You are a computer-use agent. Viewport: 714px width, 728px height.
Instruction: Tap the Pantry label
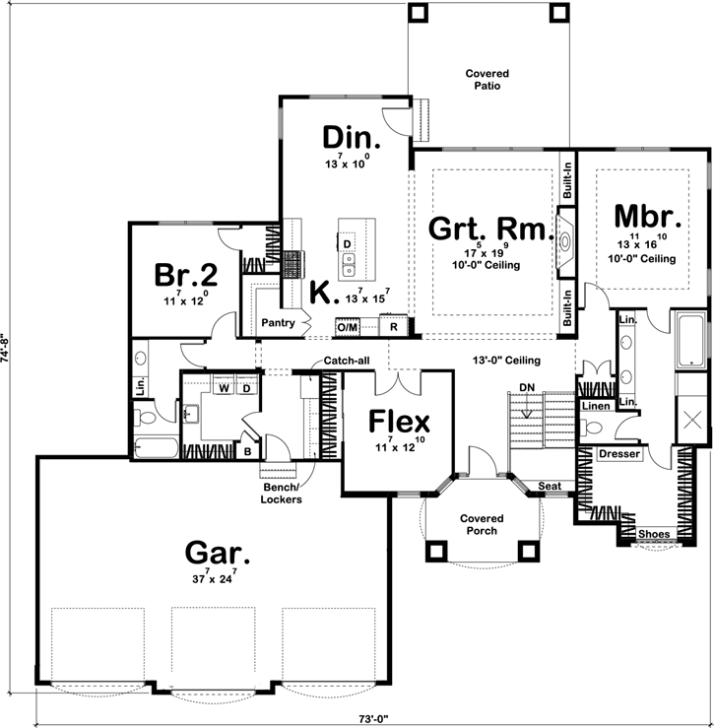278,322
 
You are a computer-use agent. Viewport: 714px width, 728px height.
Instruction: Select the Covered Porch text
482,524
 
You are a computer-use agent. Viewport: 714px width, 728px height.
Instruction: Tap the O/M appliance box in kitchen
348,326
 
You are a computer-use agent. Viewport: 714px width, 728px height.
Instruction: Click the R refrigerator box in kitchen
393,326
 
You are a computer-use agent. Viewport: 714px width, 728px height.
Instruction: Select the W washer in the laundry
225,387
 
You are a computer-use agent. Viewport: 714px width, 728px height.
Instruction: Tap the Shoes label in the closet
653,535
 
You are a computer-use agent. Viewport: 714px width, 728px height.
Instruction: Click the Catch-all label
348,361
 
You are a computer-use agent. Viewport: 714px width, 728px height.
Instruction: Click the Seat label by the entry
551,487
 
